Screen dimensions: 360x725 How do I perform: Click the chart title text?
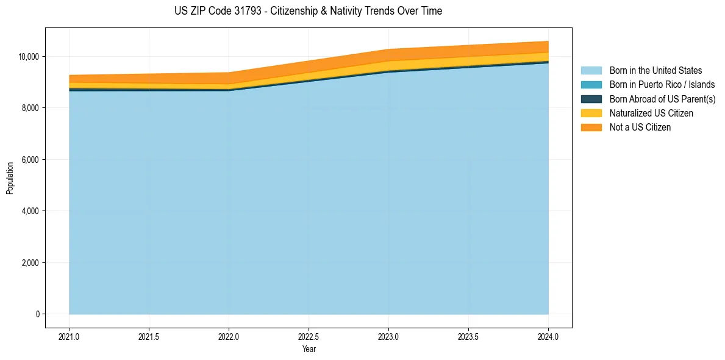pos(308,11)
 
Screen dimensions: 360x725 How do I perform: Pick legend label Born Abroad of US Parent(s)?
pos(662,99)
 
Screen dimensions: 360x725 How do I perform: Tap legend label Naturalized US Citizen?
pos(651,113)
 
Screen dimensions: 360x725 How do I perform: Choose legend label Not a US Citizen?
pos(640,128)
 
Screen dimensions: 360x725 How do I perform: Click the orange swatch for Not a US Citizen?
pos(591,128)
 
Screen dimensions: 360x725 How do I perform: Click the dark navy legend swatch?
pos(591,99)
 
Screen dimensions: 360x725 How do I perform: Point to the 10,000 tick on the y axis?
pos(29,57)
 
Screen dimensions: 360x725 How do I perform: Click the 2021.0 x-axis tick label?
pos(69,336)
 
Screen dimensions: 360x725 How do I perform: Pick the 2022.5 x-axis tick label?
pos(309,336)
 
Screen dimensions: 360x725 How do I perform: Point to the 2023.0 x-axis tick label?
pos(388,336)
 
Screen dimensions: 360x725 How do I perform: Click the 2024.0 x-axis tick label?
pos(548,336)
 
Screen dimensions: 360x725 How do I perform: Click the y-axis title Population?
pos(10,178)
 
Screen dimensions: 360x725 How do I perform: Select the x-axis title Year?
pos(309,349)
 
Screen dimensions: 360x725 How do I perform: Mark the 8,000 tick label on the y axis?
pos(30,108)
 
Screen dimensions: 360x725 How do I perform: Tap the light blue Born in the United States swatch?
pos(591,71)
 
